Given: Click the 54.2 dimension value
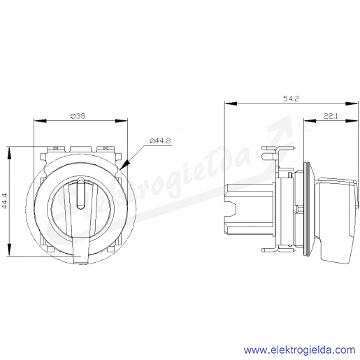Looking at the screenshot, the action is click(291, 99).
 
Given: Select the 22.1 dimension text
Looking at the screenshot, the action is click(331, 116).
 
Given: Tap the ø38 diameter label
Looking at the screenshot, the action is click(78, 116).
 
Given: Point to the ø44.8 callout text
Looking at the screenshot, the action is click(160, 141).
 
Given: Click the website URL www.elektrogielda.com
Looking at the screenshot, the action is click(299, 350).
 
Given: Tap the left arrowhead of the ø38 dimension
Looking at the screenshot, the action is click(40, 121).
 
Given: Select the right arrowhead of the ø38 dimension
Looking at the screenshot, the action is click(122, 121).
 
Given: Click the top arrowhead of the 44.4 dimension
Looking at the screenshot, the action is click(9, 153).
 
